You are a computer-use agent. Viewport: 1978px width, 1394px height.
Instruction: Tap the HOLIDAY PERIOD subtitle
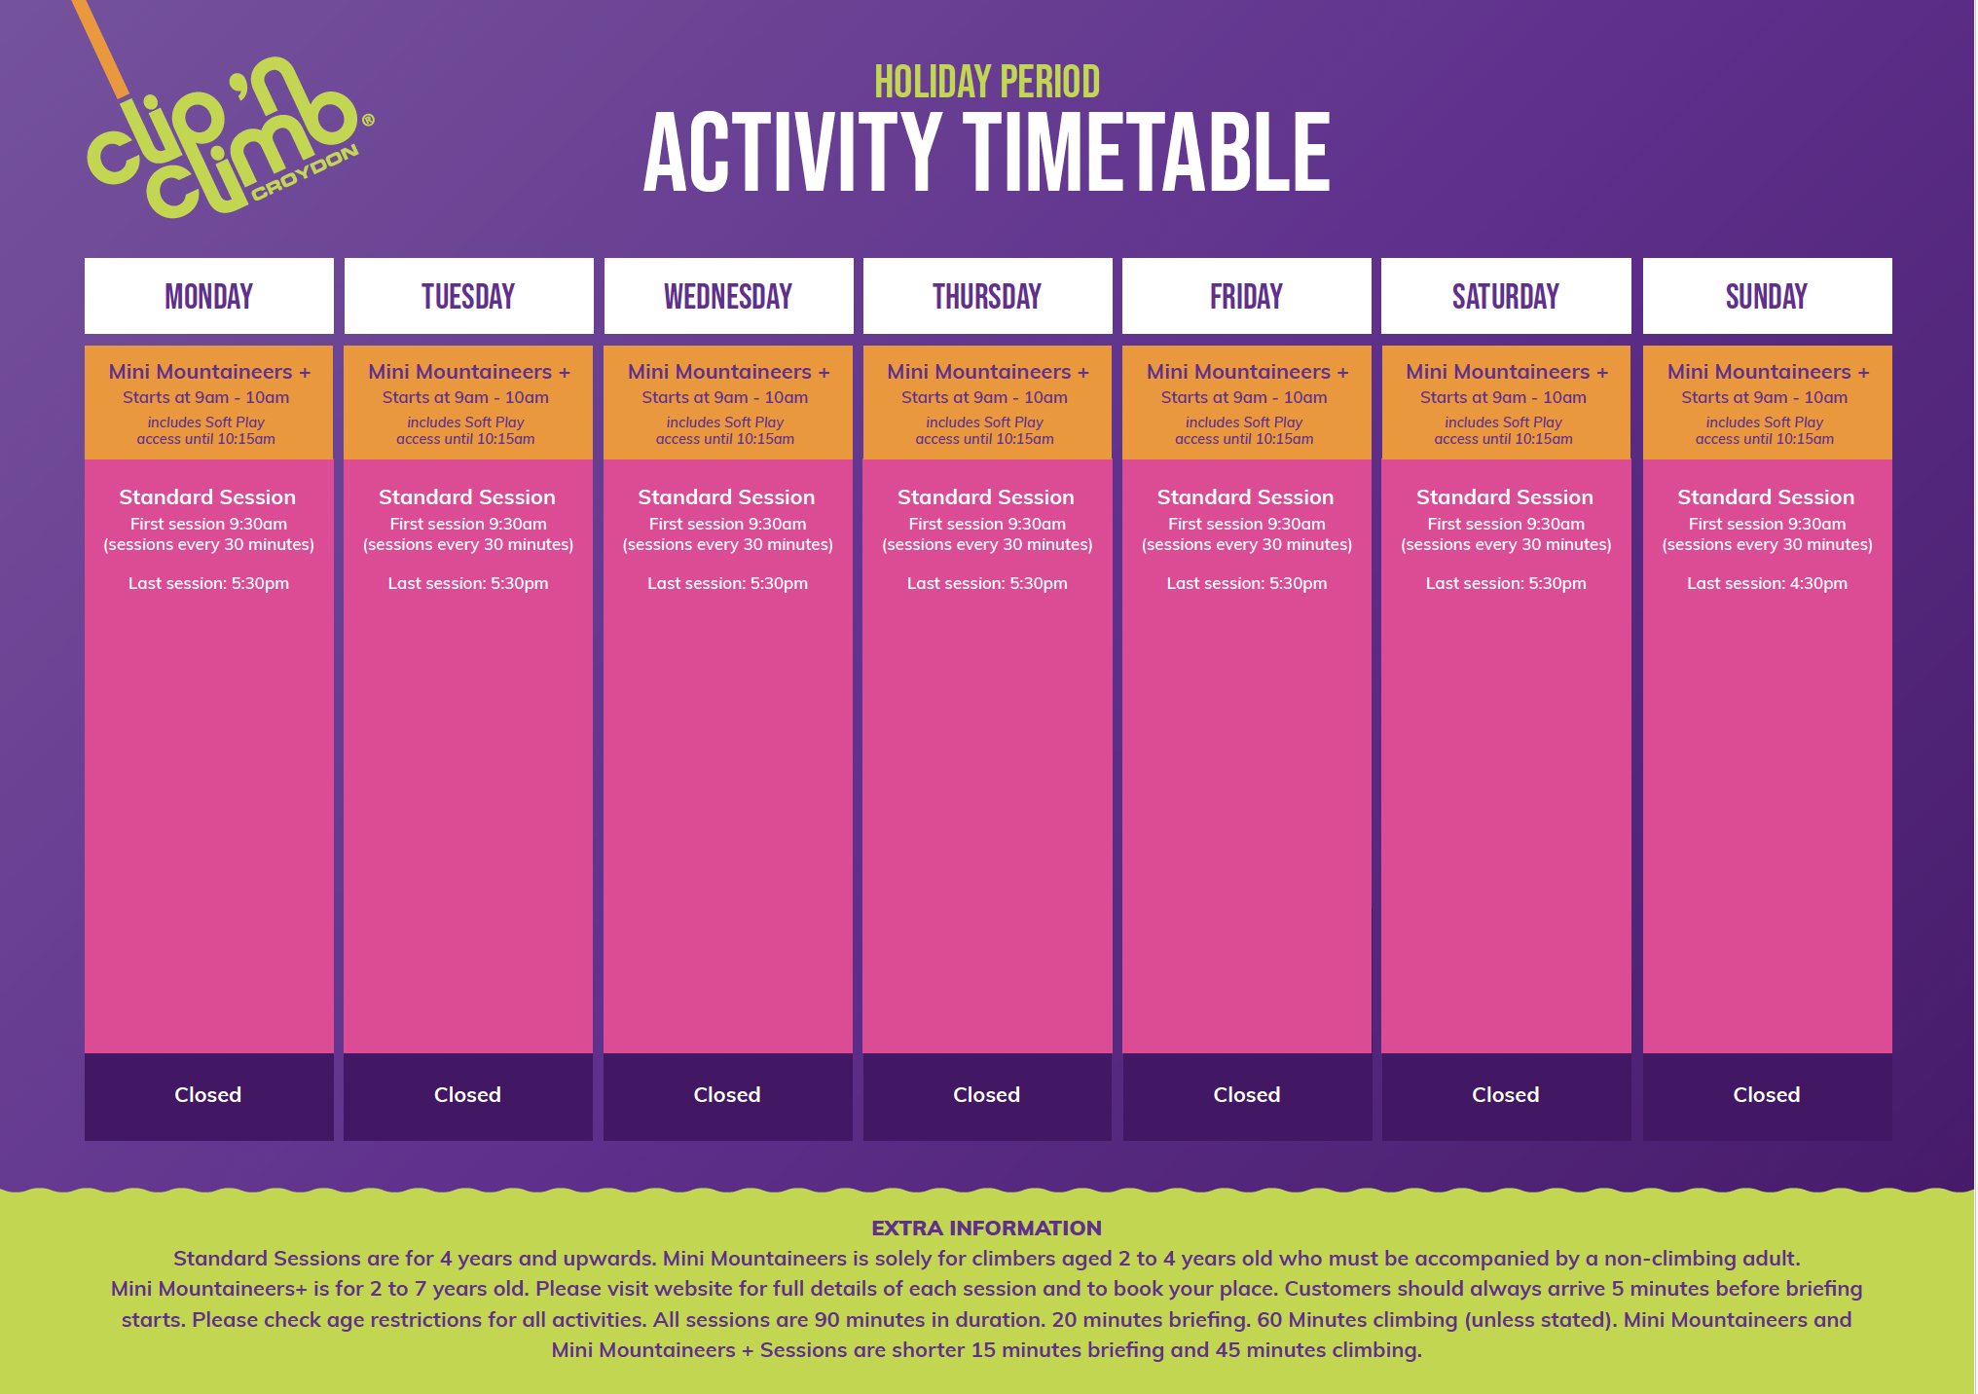(987, 82)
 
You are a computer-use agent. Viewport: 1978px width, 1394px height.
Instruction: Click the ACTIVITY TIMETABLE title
(987, 153)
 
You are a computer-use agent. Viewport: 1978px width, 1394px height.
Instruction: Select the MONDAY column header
(209, 296)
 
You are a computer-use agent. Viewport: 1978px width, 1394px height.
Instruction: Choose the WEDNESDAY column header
(728, 296)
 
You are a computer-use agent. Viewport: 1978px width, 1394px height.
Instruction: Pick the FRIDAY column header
(1247, 296)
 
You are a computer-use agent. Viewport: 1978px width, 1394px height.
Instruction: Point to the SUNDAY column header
(1767, 296)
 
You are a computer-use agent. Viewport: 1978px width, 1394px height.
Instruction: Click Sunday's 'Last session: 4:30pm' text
(1767, 583)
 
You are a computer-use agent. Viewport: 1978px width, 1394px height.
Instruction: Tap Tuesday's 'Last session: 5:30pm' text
(468, 583)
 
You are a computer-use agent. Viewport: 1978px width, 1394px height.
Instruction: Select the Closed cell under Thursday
(987, 1096)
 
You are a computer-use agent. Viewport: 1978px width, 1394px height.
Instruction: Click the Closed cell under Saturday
(1506, 1096)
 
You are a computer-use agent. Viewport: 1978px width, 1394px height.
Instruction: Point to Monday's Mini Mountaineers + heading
(209, 372)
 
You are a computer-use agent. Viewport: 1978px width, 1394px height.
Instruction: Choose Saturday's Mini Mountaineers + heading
(1507, 372)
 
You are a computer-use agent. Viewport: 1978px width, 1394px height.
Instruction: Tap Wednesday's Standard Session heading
(726, 497)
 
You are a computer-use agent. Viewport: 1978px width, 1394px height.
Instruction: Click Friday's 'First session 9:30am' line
(1247, 524)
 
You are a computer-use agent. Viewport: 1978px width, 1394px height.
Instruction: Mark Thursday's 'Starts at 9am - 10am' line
(984, 397)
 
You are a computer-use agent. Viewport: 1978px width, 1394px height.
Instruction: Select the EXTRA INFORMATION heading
(987, 1229)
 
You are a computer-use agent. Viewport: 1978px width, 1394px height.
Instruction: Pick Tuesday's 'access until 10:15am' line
(465, 439)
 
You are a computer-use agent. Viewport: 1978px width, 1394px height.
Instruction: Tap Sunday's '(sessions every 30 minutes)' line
(1768, 545)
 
